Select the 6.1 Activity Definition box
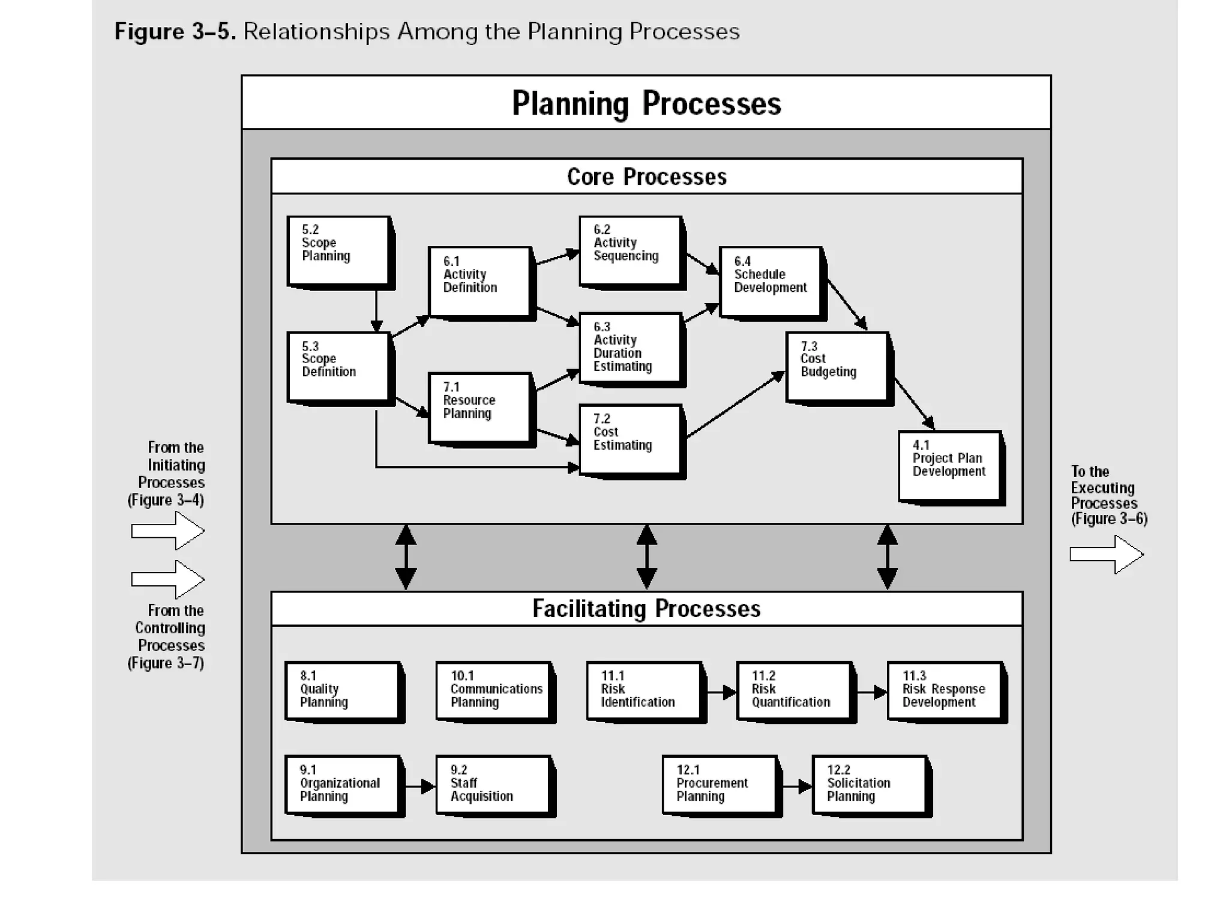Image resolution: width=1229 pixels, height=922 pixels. pyautogui.click(x=479, y=282)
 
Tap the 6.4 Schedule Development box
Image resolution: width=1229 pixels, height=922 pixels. pyautogui.click(x=771, y=282)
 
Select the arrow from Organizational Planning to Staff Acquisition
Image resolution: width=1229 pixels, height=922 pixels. pyautogui.click(x=419, y=786)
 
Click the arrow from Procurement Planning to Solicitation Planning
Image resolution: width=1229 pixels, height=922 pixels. pyautogui.click(x=797, y=786)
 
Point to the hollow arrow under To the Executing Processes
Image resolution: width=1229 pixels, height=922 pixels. pyautogui.click(x=1107, y=555)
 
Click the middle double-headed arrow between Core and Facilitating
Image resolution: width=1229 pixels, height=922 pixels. pyautogui.click(x=646, y=557)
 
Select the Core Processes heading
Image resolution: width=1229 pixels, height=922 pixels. pyautogui.click(x=646, y=176)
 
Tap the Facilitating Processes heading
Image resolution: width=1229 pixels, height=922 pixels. pyautogui.click(x=646, y=609)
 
